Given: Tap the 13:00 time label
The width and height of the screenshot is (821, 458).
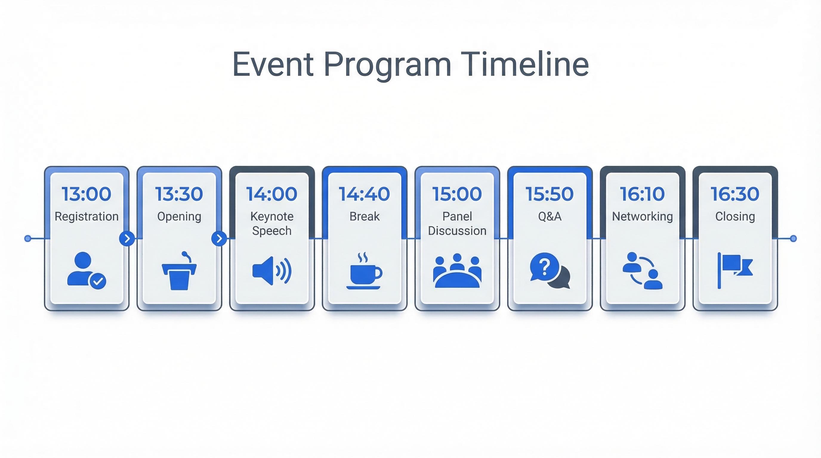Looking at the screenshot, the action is pyautogui.click(x=87, y=194).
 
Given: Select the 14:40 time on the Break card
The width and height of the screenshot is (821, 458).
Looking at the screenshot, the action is pyautogui.click(x=364, y=194).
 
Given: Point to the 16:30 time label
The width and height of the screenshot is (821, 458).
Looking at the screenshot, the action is pyautogui.click(x=735, y=194).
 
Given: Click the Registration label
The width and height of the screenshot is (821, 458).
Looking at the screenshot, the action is pyautogui.click(x=87, y=216).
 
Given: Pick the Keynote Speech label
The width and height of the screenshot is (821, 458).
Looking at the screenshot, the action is pyautogui.click(x=272, y=223).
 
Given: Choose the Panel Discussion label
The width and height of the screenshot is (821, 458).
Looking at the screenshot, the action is pyautogui.click(x=457, y=223).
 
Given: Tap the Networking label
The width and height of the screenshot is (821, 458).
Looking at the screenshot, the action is pyautogui.click(x=642, y=216).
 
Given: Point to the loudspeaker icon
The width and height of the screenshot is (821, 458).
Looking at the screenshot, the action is pyautogui.click(x=272, y=271).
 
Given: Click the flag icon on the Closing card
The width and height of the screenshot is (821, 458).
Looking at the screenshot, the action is pyautogui.click(x=735, y=270).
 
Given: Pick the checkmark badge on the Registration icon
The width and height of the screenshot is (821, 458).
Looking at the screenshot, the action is pyautogui.click(x=98, y=281).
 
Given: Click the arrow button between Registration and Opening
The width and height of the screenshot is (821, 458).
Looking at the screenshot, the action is pyautogui.click(x=127, y=238).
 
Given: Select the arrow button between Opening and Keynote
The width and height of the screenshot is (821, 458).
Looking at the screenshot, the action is pyautogui.click(x=219, y=238).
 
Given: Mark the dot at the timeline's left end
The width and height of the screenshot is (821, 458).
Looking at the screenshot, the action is pyautogui.click(x=28, y=238).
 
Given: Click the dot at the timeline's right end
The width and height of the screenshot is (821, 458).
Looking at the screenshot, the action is pyautogui.click(x=794, y=238).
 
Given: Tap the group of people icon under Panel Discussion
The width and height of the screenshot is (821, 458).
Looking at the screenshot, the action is pyautogui.click(x=457, y=271).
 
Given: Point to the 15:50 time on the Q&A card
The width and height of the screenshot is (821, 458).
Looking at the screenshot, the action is pyautogui.click(x=550, y=194).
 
